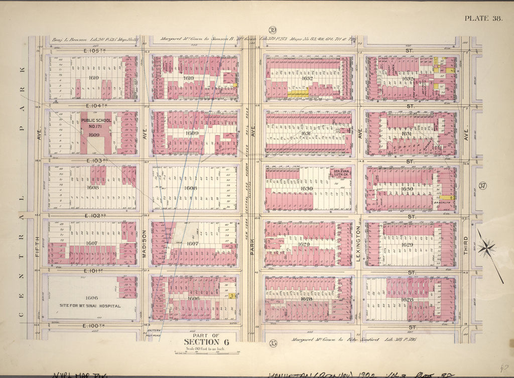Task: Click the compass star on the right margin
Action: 486,247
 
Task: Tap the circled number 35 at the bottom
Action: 273,344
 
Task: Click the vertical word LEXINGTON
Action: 359,239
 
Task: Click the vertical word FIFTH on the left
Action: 37,247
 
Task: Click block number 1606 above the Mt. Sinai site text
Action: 92,298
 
